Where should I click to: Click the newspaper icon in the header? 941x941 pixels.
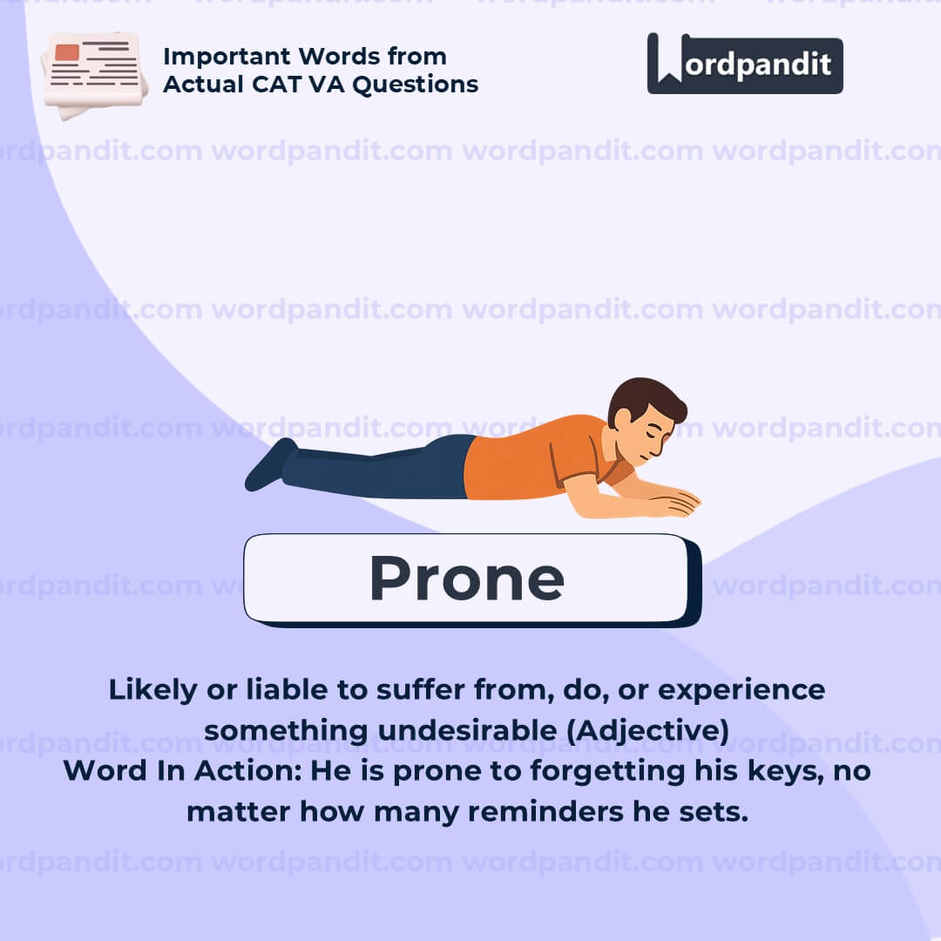pyautogui.click(x=94, y=75)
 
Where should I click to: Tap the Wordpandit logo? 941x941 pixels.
pyautogui.click(x=745, y=64)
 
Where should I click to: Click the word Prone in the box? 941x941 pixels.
pyautogui.click(x=467, y=578)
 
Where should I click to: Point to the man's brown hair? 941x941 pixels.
pyautogui.click(x=645, y=399)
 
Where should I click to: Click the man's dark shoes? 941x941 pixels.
pyautogui.click(x=271, y=464)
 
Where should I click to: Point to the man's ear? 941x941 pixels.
pyautogui.click(x=624, y=418)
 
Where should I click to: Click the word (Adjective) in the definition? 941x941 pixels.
pyautogui.click(x=647, y=730)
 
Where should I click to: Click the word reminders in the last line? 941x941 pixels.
pyautogui.click(x=545, y=812)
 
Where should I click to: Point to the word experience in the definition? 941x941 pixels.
pyautogui.click(x=741, y=691)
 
